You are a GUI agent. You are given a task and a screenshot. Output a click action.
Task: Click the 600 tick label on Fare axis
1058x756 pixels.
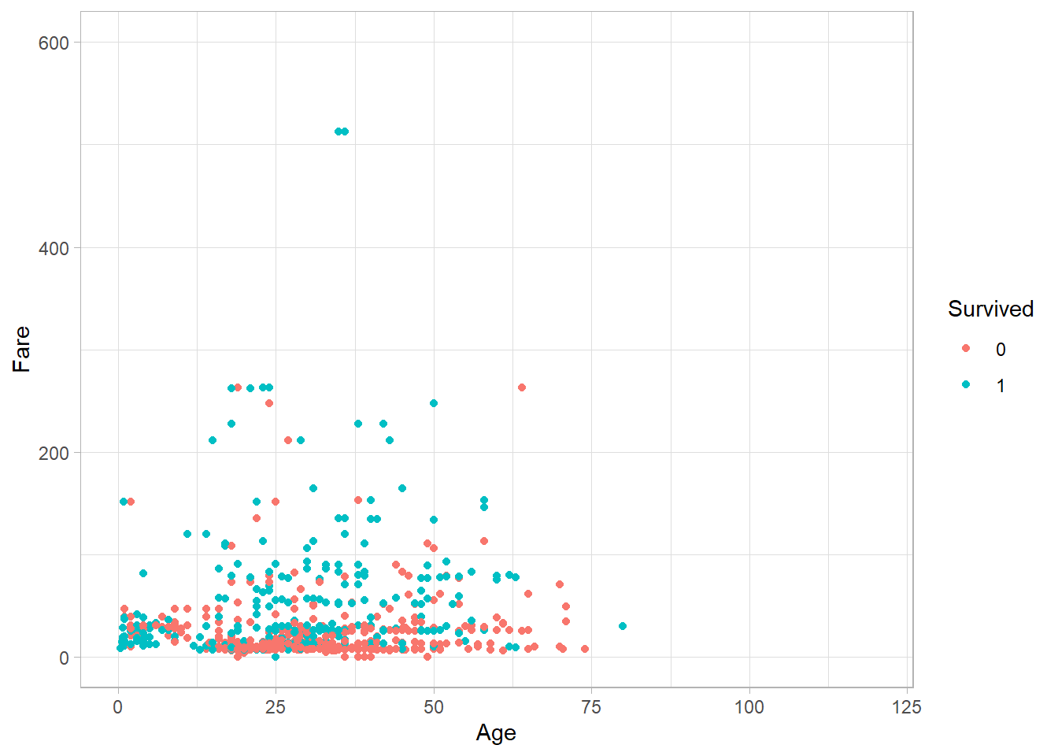[x=54, y=43]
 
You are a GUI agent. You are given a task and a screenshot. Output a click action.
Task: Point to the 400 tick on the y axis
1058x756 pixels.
[x=54, y=248]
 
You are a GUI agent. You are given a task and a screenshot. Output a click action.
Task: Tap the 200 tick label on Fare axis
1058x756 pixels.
[x=54, y=453]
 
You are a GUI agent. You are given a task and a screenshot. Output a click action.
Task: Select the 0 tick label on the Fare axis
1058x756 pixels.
[x=64, y=658]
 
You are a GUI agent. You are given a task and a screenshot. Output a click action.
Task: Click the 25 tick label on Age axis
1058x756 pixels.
[x=276, y=707]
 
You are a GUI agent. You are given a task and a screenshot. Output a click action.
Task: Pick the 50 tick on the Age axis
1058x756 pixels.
[x=434, y=707]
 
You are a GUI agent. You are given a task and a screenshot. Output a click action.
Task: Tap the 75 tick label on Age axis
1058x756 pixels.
[x=591, y=707]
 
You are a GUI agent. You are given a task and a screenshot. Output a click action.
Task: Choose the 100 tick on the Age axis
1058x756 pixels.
[x=749, y=707]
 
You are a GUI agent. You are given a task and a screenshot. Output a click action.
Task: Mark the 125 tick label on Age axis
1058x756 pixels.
[x=907, y=707]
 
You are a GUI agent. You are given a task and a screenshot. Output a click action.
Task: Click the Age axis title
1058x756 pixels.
[x=496, y=733]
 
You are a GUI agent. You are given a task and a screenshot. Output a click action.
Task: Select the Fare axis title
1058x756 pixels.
[x=21, y=349]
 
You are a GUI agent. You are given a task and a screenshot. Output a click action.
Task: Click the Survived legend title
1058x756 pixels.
[x=990, y=309]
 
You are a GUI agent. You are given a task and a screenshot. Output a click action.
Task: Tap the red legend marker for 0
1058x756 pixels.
[x=966, y=349]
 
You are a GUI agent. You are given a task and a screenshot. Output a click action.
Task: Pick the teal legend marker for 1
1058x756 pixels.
[x=966, y=385]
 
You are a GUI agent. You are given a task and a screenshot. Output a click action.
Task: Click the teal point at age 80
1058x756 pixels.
[x=623, y=626]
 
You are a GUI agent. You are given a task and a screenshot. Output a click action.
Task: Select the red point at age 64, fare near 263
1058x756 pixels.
[x=522, y=387]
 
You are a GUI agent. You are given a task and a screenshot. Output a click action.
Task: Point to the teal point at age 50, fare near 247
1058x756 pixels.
[x=434, y=403]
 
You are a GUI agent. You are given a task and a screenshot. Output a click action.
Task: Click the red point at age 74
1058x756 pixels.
[x=585, y=649]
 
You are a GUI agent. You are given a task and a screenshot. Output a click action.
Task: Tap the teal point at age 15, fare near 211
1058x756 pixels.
[x=213, y=440]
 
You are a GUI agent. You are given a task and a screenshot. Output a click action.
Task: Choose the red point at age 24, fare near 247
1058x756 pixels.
[x=269, y=403]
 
